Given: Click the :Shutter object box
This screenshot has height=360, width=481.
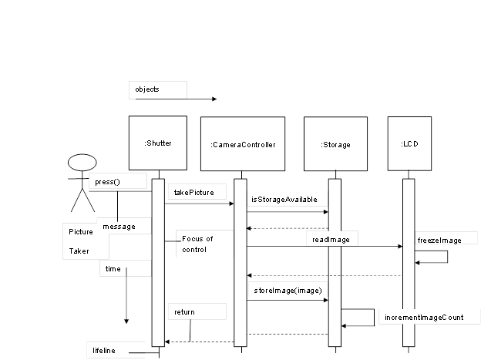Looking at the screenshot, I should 158,143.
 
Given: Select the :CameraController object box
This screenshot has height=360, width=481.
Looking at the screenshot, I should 242,144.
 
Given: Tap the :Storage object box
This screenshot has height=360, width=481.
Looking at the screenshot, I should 335,144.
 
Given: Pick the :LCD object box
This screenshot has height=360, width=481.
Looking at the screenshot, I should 409,143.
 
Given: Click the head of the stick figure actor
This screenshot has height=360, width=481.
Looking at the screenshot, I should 81,163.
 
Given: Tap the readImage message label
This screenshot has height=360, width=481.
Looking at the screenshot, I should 331,240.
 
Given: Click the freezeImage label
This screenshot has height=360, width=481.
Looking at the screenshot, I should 439,241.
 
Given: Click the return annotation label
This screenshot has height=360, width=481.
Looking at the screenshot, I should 184,312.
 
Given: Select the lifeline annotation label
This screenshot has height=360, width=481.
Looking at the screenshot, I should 104,351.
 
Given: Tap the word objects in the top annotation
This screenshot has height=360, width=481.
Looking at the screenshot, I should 147,89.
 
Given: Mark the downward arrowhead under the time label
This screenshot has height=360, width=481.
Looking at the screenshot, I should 126,320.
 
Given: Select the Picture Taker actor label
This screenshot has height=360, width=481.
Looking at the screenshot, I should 81,241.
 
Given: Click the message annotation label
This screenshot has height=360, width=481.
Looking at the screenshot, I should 119,227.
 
